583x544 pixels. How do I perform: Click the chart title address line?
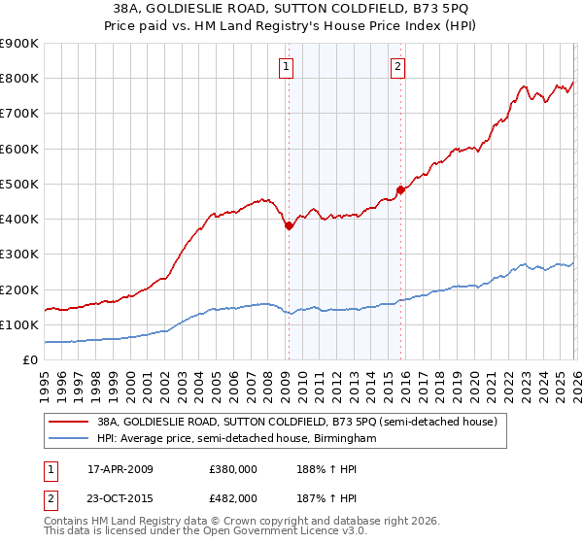click(x=291, y=9)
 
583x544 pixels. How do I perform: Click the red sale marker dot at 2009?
click(x=289, y=226)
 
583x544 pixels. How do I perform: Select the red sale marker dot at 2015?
click(x=400, y=190)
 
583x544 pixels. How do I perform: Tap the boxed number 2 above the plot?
click(x=399, y=67)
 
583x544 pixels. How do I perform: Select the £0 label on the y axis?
click(x=29, y=359)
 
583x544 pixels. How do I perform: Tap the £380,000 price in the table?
click(x=233, y=468)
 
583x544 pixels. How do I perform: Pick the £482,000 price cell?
click(x=233, y=497)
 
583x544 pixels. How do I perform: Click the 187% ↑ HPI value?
click(x=322, y=497)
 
